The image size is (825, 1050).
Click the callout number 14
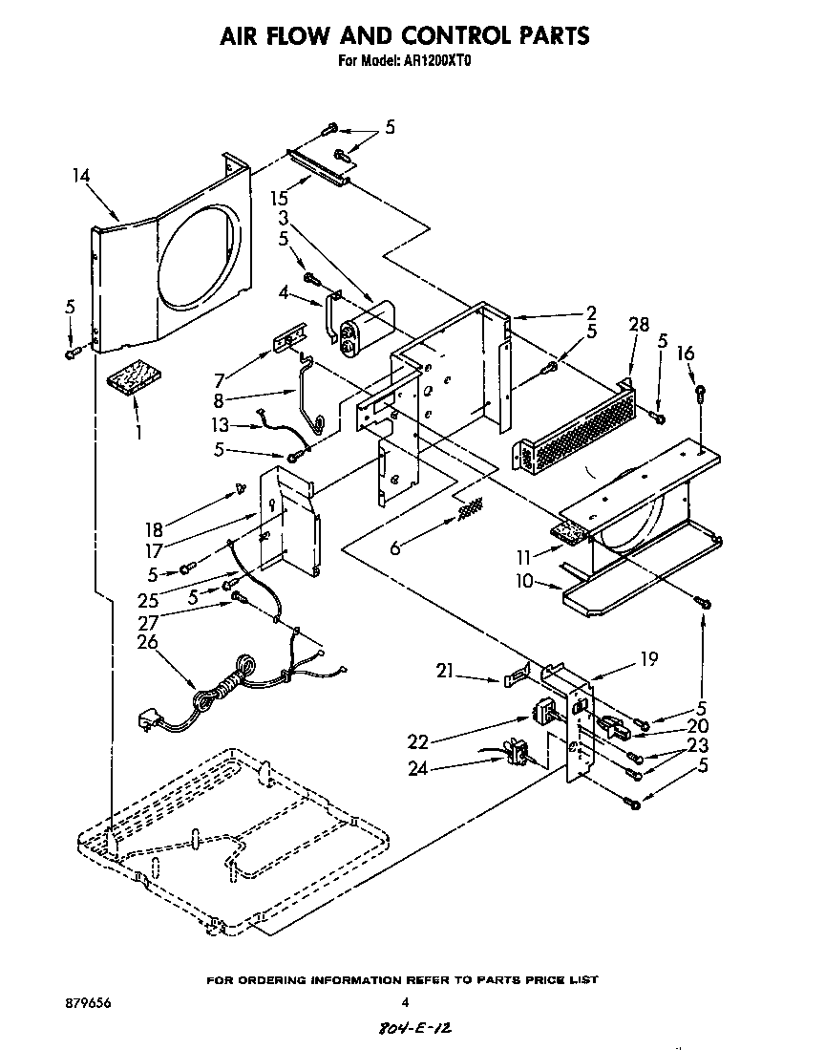81,175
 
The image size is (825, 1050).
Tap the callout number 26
147,642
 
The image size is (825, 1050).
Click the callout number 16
686,354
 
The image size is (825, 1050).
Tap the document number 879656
77,1002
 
